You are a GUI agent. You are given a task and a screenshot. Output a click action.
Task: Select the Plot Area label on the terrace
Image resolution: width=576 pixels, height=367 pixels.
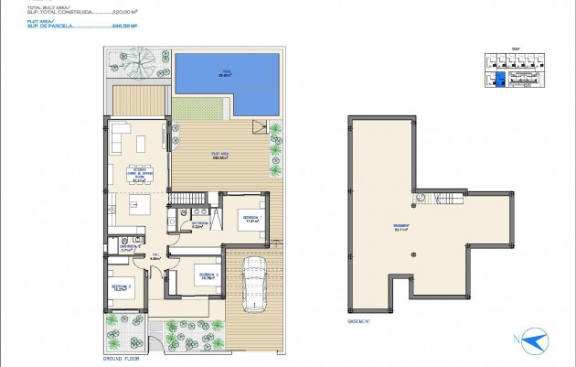(219, 155)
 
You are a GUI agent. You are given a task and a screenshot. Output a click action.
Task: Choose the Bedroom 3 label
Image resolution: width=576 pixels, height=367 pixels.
(122, 286)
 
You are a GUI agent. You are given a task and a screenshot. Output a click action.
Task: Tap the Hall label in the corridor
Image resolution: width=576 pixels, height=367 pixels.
(156, 256)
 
